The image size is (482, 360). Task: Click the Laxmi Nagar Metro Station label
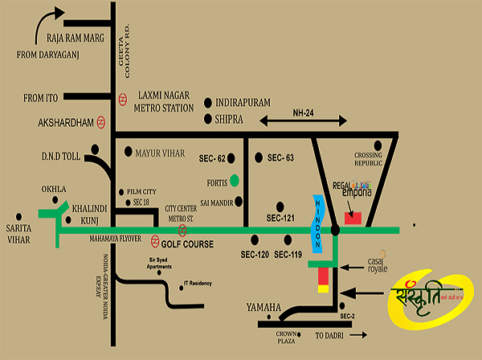[165, 100]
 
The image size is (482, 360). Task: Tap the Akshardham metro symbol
[102, 123]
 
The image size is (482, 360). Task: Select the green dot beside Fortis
[234, 179]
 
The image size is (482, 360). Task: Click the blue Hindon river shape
[317, 224]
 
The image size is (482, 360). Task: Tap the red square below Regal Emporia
[353, 217]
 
